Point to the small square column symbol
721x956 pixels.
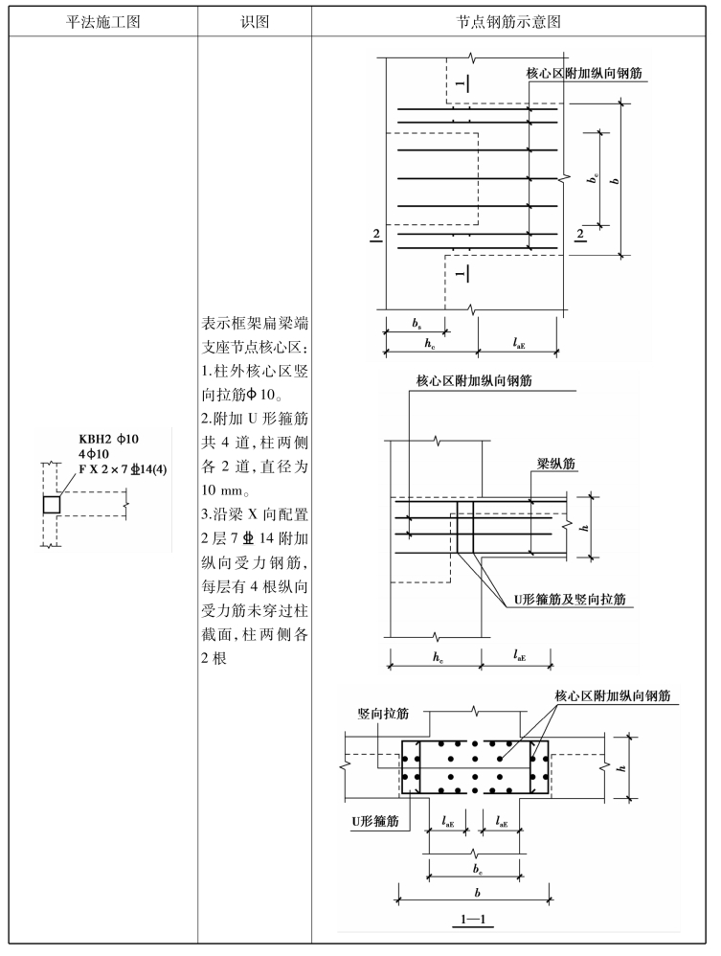52,504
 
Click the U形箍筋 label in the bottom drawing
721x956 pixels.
373,822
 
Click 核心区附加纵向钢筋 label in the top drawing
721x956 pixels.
585,73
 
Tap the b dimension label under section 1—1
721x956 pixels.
475,886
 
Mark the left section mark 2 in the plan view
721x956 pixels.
376,234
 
